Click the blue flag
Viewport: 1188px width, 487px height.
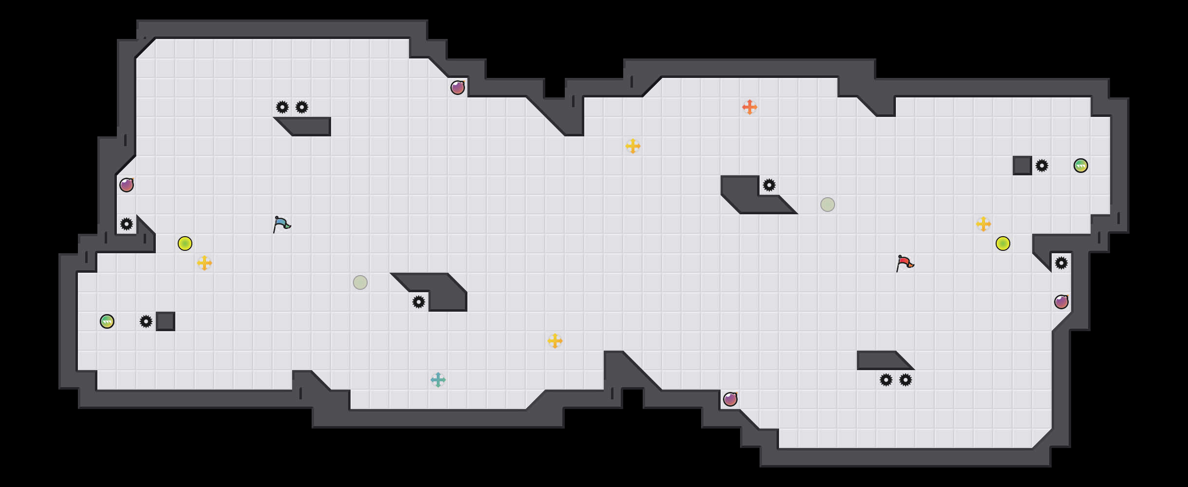[281, 225]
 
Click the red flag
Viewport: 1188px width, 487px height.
[905, 263]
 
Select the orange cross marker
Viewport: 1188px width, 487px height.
[750, 107]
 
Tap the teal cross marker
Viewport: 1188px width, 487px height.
[438, 380]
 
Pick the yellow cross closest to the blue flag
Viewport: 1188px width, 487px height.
[204, 263]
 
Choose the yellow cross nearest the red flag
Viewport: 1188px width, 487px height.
[984, 224]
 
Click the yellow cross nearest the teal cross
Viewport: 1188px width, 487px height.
[555, 341]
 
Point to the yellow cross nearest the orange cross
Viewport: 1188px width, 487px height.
[633, 146]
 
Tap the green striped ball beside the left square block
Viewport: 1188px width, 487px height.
[107, 321]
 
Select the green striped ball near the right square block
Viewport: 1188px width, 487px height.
[1081, 166]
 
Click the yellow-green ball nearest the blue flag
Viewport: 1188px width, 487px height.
[185, 243]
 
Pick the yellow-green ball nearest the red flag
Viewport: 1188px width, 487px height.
[1003, 243]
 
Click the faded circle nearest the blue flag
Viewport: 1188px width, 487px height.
[360, 282]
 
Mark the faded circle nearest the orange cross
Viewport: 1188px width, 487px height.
[828, 205]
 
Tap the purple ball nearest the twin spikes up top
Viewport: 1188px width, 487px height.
[458, 88]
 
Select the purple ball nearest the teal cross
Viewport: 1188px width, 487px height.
[730, 399]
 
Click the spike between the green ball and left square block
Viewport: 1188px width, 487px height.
[146, 321]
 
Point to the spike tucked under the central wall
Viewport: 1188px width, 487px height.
[419, 302]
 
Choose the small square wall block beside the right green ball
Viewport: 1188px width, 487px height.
[1022, 166]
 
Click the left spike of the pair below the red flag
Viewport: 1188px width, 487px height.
[886, 380]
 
